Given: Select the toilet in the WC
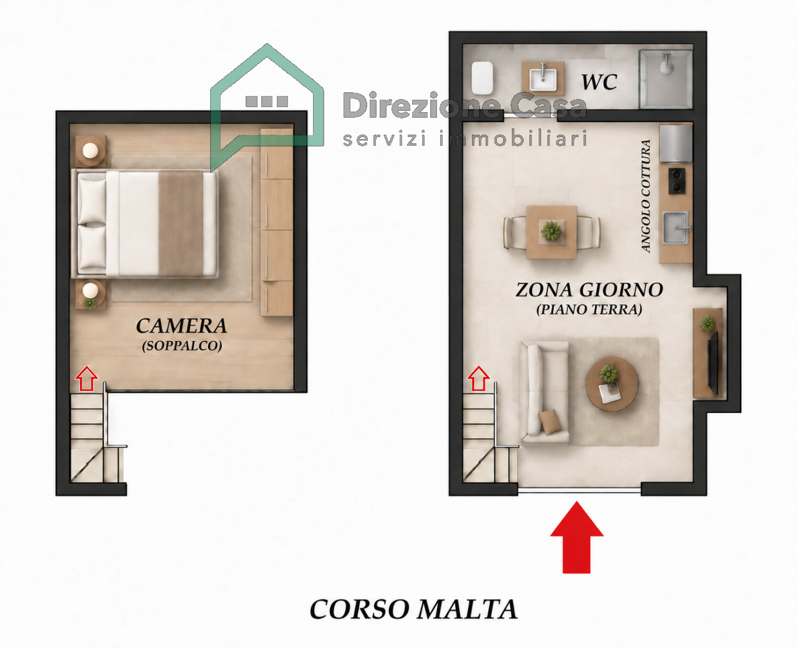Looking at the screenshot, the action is pyautogui.click(x=482, y=79).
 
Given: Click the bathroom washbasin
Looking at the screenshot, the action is pyautogui.click(x=543, y=78).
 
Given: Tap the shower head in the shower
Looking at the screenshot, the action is pyautogui.click(x=666, y=64).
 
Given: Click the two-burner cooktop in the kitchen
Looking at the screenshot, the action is pyautogui.click(x=676, y=181).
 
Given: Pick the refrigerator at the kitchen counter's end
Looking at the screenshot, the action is pyautogui.click(x=675, y=143).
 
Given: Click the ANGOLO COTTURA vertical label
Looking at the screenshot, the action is pyautogui.click(x=646, y=196).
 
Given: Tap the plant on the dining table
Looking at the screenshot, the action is pyautogui.click(x=551, y=231).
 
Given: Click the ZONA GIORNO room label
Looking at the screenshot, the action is pyautogui.click(x=589, y=290).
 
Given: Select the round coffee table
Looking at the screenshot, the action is pyautogui.click(x=612, y=384).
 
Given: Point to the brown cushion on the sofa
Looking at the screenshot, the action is pyautogui.click(x=550, y=422).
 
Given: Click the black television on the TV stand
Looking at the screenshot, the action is pyautogui.click(x=713, y=363).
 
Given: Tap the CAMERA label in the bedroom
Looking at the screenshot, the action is pyautogui.click(x=181, y=326).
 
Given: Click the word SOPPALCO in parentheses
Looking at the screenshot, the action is pyautogui.click(x=181, y=346).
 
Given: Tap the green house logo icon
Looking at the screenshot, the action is pyautogui.click(x=267, y=107).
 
